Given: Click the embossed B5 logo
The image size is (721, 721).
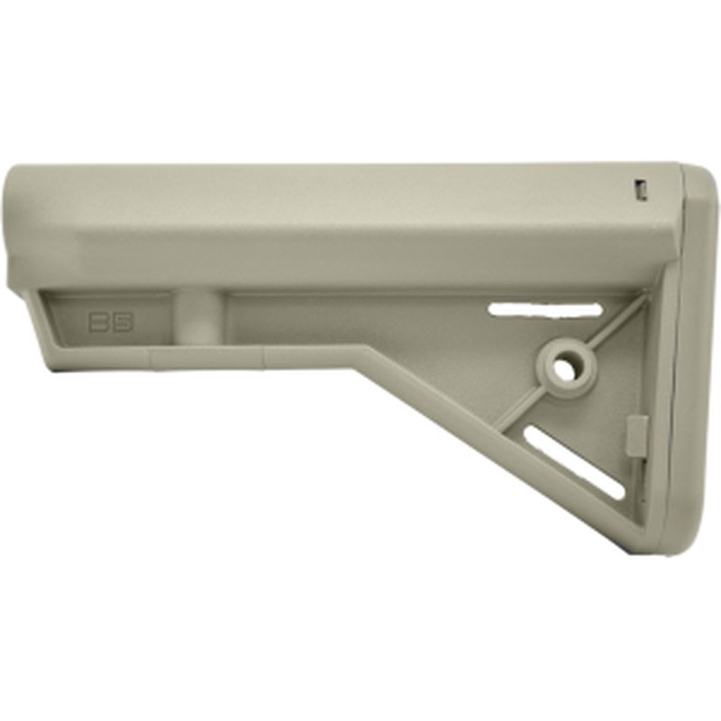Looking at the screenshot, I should tap(111, 323).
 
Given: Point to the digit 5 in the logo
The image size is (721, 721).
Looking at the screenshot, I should tap(123, 323).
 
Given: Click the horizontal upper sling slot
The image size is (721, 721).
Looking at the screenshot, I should tap(544, 310).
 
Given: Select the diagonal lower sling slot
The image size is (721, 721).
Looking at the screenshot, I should tap(574, 462).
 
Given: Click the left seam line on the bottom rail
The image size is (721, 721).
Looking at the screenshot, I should tap(151, 360).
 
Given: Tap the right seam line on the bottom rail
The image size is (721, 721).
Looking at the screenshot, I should tap(266, 360).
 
